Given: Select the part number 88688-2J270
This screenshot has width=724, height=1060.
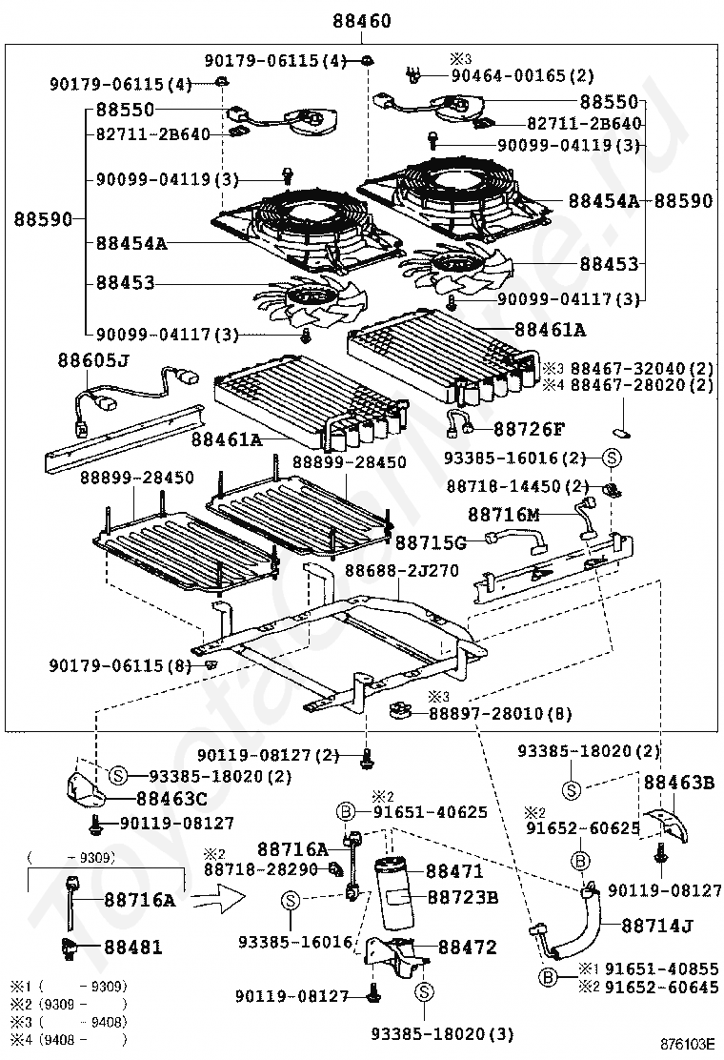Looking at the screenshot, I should point(401,571).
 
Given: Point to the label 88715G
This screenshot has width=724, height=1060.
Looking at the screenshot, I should point(431,542).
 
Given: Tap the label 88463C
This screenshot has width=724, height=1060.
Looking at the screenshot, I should point(171,798).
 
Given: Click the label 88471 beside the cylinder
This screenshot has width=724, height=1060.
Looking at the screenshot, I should point(454,870).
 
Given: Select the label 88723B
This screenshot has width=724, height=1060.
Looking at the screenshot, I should point(462,897).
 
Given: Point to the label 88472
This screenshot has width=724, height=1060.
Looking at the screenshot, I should point(467,948).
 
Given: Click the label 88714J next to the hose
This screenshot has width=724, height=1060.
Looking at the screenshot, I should point(657,925).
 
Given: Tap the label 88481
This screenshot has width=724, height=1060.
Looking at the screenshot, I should point(133,948).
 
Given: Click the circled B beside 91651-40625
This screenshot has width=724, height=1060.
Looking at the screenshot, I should point(347,812).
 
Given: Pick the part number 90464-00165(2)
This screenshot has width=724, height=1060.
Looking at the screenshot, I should point(522,74).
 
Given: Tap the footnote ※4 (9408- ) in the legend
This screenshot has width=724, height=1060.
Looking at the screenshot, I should point(67,1039).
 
